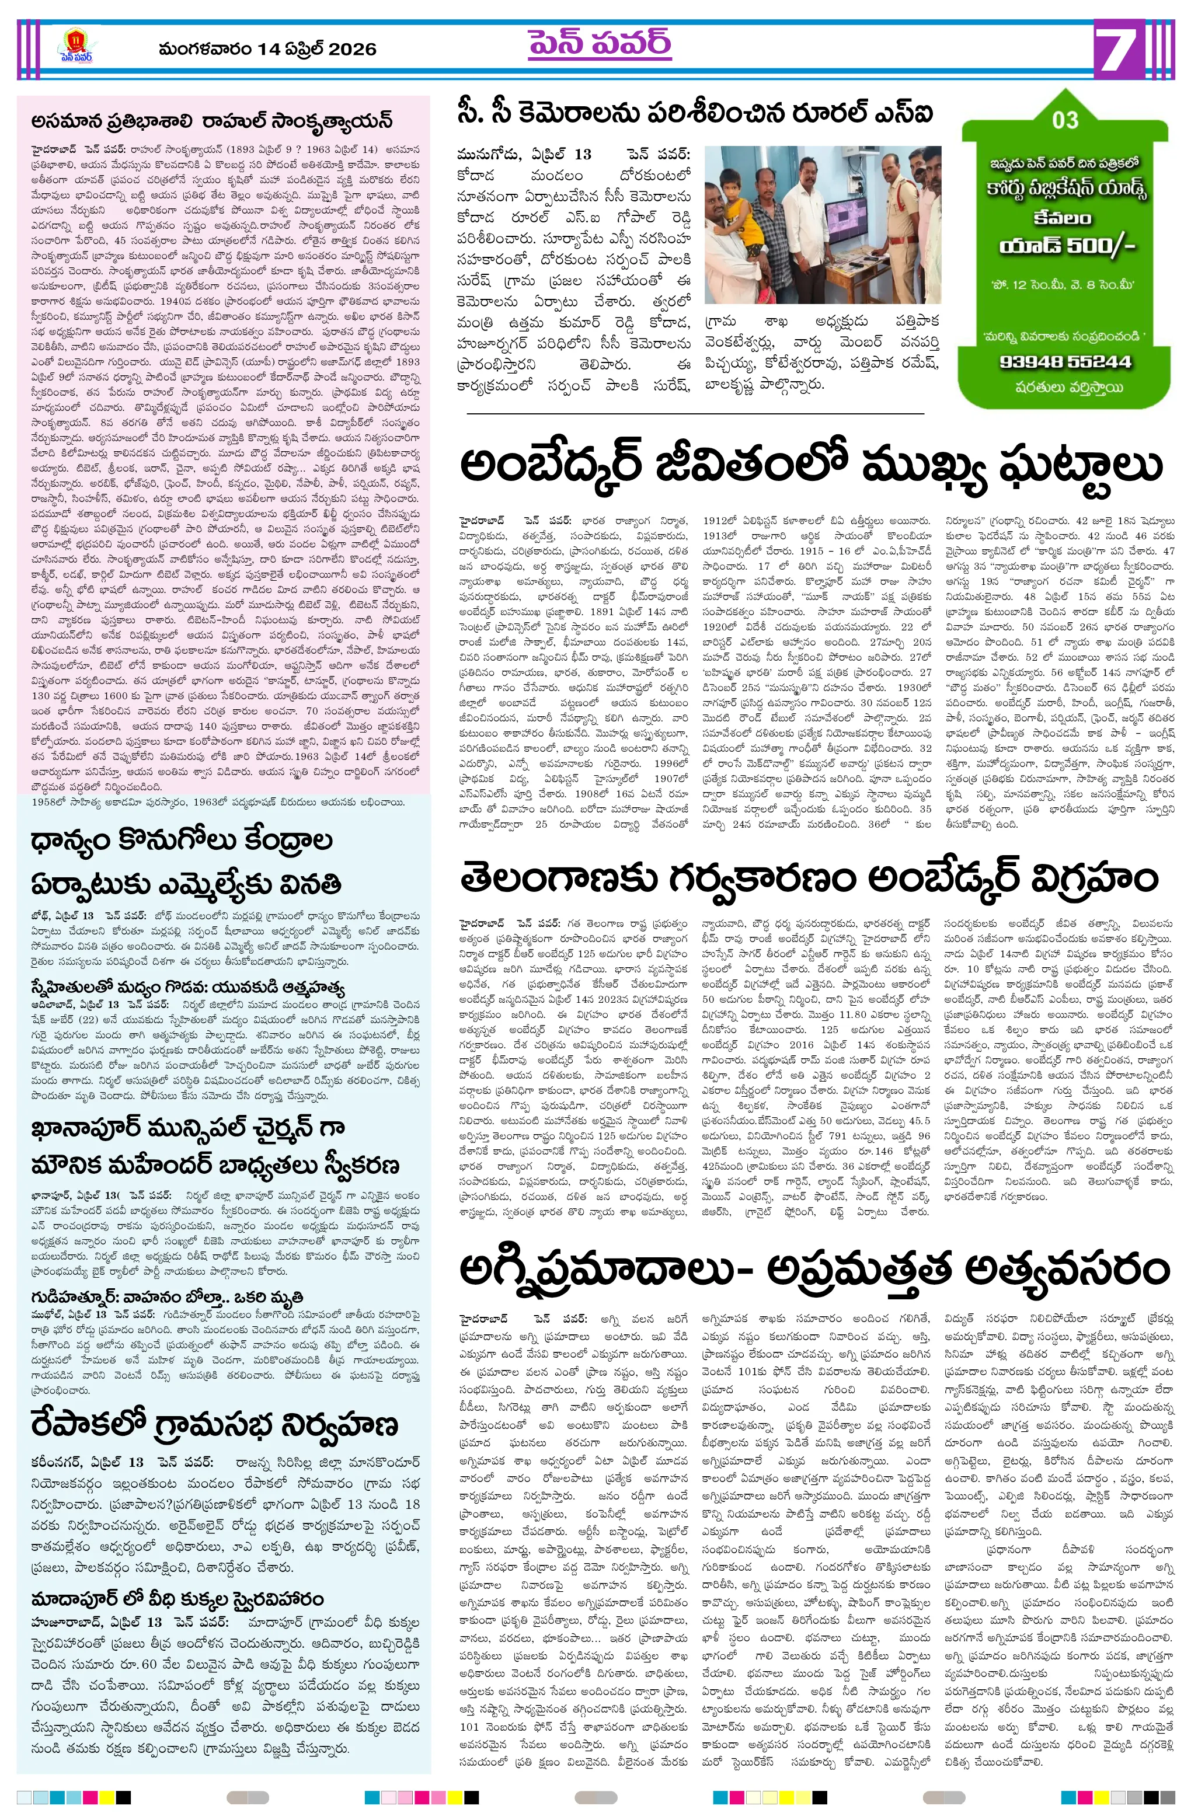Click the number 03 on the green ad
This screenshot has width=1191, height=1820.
click(1065, 120)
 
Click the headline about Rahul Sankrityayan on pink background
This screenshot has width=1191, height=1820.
click(212, 121)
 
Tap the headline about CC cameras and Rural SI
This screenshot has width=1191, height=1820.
click(695, 113)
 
